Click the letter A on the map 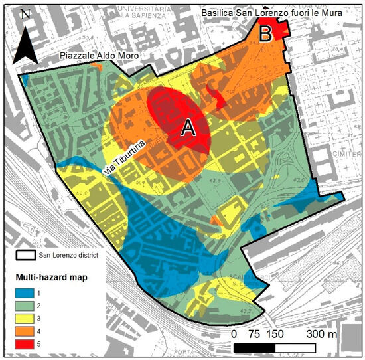pos(188,129)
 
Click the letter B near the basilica pos(265,33)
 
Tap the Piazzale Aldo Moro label pos(100,57)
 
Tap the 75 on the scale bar pos(255,333)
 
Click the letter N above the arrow pos(25,13)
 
